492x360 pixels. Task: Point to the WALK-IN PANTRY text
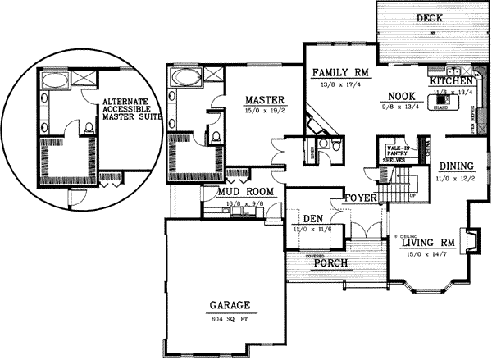(394, 152)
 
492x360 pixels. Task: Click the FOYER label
(359, 197)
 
